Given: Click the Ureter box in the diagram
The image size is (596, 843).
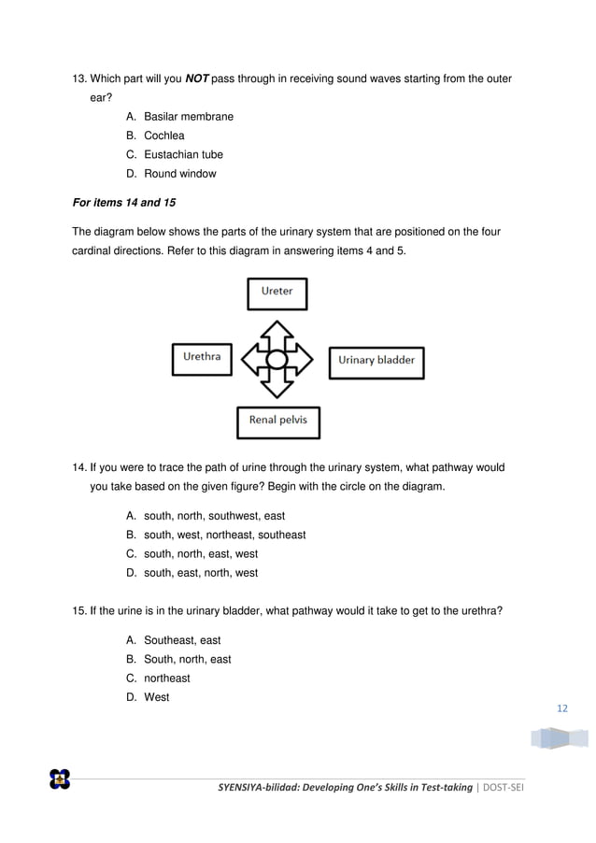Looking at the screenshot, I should coord(277,293).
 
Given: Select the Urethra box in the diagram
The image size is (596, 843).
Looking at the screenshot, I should coord(202,359).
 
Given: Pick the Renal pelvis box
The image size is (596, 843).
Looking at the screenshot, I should coord(278,421).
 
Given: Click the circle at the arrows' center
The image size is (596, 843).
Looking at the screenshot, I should coord(277,359).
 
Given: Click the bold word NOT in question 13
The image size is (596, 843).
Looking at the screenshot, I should coord(196,79).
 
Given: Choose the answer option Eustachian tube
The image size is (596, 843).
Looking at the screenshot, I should coord(183,154).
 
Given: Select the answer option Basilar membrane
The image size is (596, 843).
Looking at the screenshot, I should coord(188,117).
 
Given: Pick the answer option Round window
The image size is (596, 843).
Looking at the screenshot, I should coord(179,174).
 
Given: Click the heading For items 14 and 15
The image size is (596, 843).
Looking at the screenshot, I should coord(124,202).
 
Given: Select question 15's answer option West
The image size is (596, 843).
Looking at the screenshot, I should coord(156,697).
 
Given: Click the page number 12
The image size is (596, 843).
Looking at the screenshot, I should coord(561,708).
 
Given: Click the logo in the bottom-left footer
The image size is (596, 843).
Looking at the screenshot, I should coord(60,779).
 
